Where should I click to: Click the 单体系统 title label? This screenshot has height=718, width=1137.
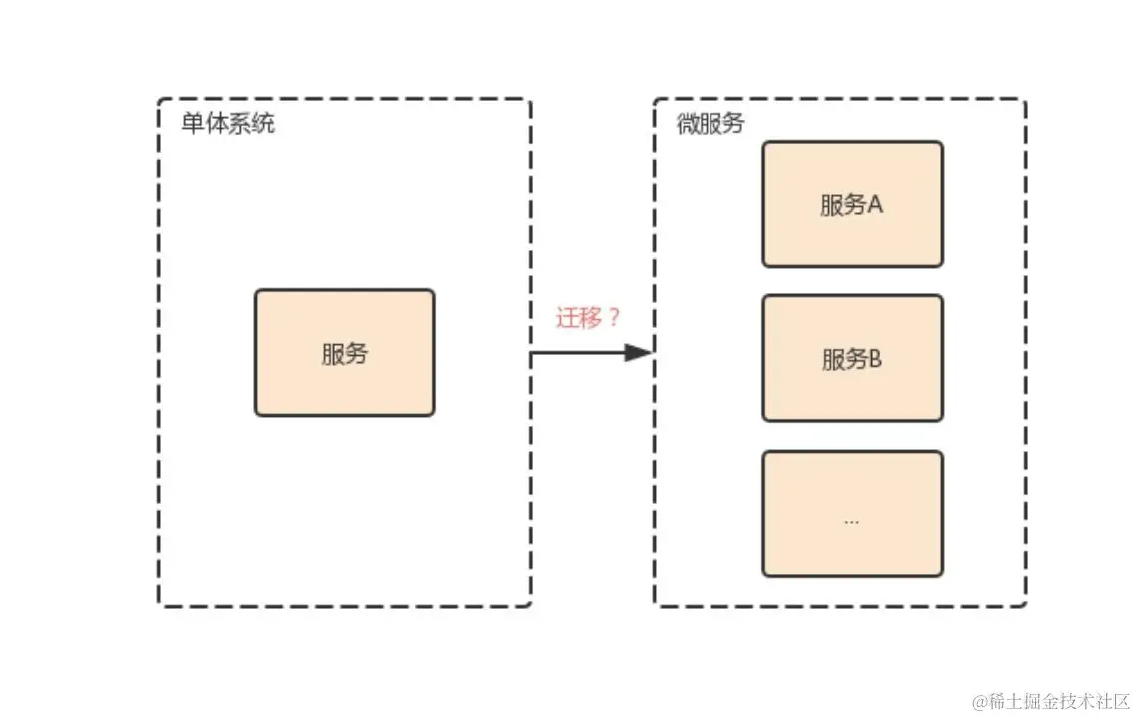point(227,125)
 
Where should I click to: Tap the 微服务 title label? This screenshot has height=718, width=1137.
point(710,125)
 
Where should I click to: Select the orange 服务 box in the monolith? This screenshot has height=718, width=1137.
point(345,353)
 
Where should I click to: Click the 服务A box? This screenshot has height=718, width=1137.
point(852,204)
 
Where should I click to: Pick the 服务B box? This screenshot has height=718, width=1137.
point(852,359)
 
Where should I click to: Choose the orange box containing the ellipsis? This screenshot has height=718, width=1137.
point(852,514)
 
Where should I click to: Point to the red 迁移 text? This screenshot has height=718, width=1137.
point(578,319)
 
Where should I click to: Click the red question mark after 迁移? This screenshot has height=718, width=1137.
point(614,319)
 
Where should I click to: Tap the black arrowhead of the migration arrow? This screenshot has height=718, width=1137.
point(638,352)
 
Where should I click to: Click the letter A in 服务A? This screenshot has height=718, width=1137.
point(876,205)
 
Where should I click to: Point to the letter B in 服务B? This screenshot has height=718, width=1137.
point(876,359)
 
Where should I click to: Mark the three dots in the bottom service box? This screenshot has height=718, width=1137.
point(851,521)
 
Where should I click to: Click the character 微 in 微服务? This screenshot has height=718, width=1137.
point(688,125)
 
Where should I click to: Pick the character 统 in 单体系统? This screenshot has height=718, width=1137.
point(263,125)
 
